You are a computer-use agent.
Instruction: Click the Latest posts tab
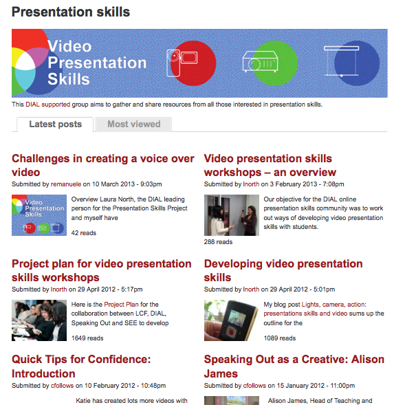point(55,124)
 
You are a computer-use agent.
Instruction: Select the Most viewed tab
point(133,124)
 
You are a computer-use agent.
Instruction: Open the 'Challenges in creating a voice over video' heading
point(103,165)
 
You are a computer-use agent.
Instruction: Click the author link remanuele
point(66,184)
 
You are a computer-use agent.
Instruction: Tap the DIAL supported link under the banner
point(48,105)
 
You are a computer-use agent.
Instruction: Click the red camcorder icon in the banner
point(182,63)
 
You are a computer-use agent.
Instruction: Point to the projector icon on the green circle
point(260,62)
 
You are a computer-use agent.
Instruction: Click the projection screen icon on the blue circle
point(341,61)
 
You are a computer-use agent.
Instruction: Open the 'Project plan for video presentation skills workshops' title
point(102,270)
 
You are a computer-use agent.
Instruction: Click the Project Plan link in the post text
point(121,305)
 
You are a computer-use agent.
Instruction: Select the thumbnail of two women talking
point(232,215)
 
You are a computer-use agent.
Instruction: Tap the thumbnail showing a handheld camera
point(232,320)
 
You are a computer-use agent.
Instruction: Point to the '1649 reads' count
point(87,338)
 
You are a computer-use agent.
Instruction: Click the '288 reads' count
point(218,242)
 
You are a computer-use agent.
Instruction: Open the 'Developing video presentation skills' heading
point(283,270)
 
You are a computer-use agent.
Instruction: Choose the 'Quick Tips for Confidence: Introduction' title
point(81,366)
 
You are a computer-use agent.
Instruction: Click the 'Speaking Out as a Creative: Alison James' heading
point(294,366)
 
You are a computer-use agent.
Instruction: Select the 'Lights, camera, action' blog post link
point(315,309)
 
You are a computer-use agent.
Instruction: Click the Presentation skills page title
point(71,12)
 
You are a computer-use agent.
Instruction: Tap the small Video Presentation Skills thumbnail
point(39,215)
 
